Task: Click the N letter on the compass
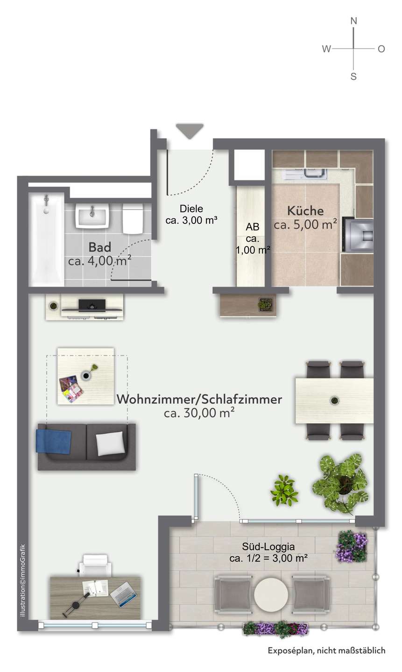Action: click(x=353, y=21)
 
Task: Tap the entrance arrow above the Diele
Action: click(x=190, y=131)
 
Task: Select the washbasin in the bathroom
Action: click(x=92, y=217)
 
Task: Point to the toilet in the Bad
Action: click(x=133, y=218)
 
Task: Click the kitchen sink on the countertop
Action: click(x=310, y=174)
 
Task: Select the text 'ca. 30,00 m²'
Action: click(x=199, y=413)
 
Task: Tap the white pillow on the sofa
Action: click(x=111, y=442)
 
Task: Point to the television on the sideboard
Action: click(x=91, y=305)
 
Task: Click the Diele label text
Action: click(x=192, y=209)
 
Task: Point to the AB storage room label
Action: click(x=253, y=227)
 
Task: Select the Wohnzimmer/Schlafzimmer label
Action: click(x=199, y=399)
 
